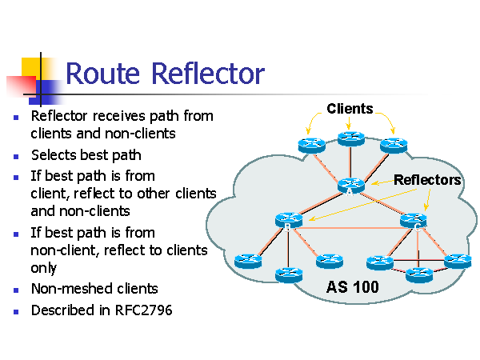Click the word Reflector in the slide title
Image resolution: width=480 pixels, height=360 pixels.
[210, 74]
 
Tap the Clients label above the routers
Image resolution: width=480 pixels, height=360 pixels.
[350, 109]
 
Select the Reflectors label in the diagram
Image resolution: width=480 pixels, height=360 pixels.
[427, 180]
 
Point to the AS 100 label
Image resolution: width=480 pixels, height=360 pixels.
[352, 286]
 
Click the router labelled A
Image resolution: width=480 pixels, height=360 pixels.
[350, 185]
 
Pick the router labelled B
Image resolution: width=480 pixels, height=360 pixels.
[286, 219]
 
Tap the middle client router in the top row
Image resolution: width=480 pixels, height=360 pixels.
[350, 138]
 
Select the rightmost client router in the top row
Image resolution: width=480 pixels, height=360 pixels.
[394, 145]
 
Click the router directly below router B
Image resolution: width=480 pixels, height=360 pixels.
[287, 274]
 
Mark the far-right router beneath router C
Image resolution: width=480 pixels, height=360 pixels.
[458, 260]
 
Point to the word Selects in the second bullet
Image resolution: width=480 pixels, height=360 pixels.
[54, 155]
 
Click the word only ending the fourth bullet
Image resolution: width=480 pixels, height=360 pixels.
[44, 270]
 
